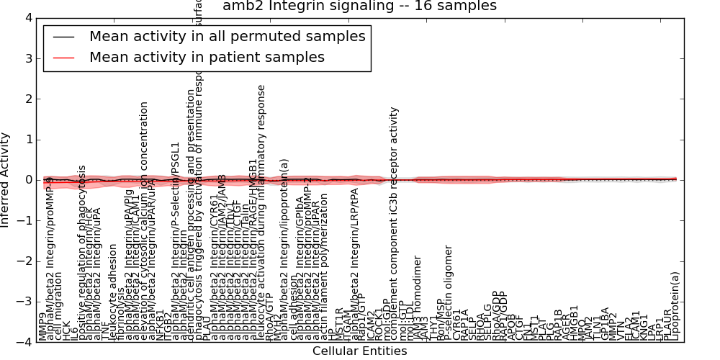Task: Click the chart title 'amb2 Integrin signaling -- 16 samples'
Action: [x=359, y=6]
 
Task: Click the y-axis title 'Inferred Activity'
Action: [x=6, y=180]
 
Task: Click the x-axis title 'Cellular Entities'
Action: [x=359, y=351]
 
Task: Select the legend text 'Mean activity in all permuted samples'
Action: [x=227, y=37]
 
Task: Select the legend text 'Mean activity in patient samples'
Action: [x=207, y=57]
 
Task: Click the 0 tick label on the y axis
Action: [x=29, y=180]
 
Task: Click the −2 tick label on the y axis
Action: [x=26, y=261]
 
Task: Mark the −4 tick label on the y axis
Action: [x=26, y=343]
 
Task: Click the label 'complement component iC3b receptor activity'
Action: [x=394, y=224]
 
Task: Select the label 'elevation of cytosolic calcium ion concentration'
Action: [x=144, y=220]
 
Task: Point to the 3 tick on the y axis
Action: [x=29, y=59]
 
